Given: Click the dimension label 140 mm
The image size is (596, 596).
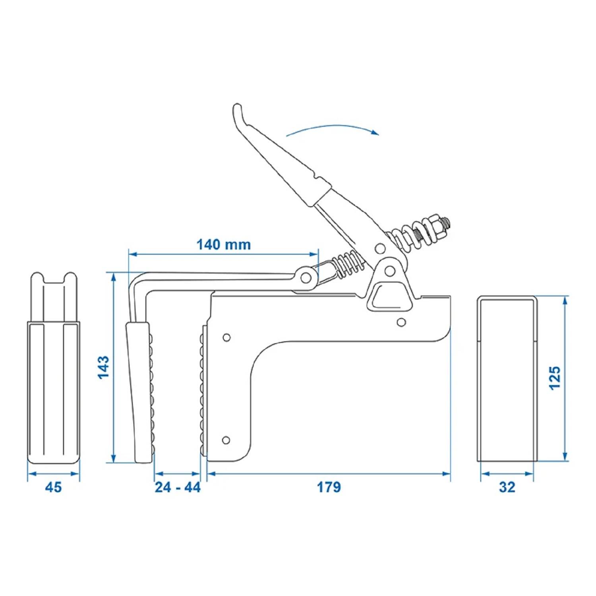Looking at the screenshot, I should click(x=224, y=244).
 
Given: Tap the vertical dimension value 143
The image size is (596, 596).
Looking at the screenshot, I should click(x=103, y=367).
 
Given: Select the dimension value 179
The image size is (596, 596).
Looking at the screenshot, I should click(x=329, y=487).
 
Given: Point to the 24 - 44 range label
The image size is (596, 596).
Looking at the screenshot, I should click(x=178, y=487).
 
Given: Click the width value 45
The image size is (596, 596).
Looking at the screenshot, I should click(x=53, y=487).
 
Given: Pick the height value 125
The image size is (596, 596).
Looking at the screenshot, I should click(x=554, y=378).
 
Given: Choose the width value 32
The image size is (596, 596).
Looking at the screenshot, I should click(x=507, y=487).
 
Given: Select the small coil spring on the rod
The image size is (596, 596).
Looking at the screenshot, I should click(x=349, y=264).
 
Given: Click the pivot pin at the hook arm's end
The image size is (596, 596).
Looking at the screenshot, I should click(x=306, y=277).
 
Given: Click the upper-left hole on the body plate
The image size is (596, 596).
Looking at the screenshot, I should click(x=226, y=338).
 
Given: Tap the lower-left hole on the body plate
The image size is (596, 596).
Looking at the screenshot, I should click(x=226, y=440).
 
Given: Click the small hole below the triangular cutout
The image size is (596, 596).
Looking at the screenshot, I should click(x=401, y=322).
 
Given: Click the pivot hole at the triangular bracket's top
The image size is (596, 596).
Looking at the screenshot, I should click(x=390, y=271).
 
